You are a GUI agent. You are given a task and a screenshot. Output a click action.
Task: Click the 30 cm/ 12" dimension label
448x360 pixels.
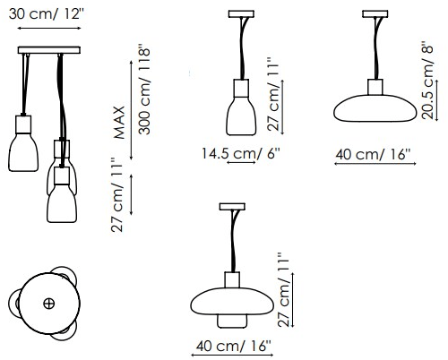(47, 13)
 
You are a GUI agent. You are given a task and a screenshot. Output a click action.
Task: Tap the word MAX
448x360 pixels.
(119, 123)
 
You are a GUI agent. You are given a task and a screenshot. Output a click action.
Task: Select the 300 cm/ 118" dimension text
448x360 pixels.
(144, 90)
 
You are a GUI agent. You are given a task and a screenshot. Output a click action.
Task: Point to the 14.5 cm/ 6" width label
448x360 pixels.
(241, 153)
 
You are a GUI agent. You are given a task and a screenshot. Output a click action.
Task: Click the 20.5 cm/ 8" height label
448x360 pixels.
(427, 82)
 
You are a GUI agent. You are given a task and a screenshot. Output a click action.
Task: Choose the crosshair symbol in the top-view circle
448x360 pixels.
(49, 304)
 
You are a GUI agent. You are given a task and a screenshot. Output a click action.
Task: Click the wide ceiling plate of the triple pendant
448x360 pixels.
(49, 50)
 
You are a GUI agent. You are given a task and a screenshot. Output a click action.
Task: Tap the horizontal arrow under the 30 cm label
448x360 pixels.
(49, 28)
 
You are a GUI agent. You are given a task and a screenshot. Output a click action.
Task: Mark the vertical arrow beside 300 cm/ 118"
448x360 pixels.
(131, 110)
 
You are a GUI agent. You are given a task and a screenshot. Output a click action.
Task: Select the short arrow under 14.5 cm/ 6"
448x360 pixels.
(241, 162)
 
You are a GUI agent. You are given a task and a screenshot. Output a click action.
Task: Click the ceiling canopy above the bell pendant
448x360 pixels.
(241, 14)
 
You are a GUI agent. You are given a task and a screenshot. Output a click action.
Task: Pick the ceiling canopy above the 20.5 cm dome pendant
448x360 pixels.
(375, 13)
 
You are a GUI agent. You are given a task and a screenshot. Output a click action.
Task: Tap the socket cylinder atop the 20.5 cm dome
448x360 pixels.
(375, 87)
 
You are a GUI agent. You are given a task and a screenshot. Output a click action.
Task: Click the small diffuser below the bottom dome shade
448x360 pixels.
(232, 321)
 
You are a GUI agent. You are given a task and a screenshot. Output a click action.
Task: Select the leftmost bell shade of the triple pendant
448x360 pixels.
(23, 152)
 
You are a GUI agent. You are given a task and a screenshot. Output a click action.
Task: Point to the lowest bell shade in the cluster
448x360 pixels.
(62, 203)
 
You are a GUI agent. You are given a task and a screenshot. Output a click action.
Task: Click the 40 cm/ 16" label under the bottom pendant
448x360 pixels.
(234, 346)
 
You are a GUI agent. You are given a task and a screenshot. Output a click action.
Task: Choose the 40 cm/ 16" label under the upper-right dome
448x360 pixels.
(373, 155)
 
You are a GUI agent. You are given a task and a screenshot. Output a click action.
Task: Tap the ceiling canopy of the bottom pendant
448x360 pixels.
(232, 207)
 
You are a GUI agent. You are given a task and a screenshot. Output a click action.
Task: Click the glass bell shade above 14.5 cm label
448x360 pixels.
(241, 116)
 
